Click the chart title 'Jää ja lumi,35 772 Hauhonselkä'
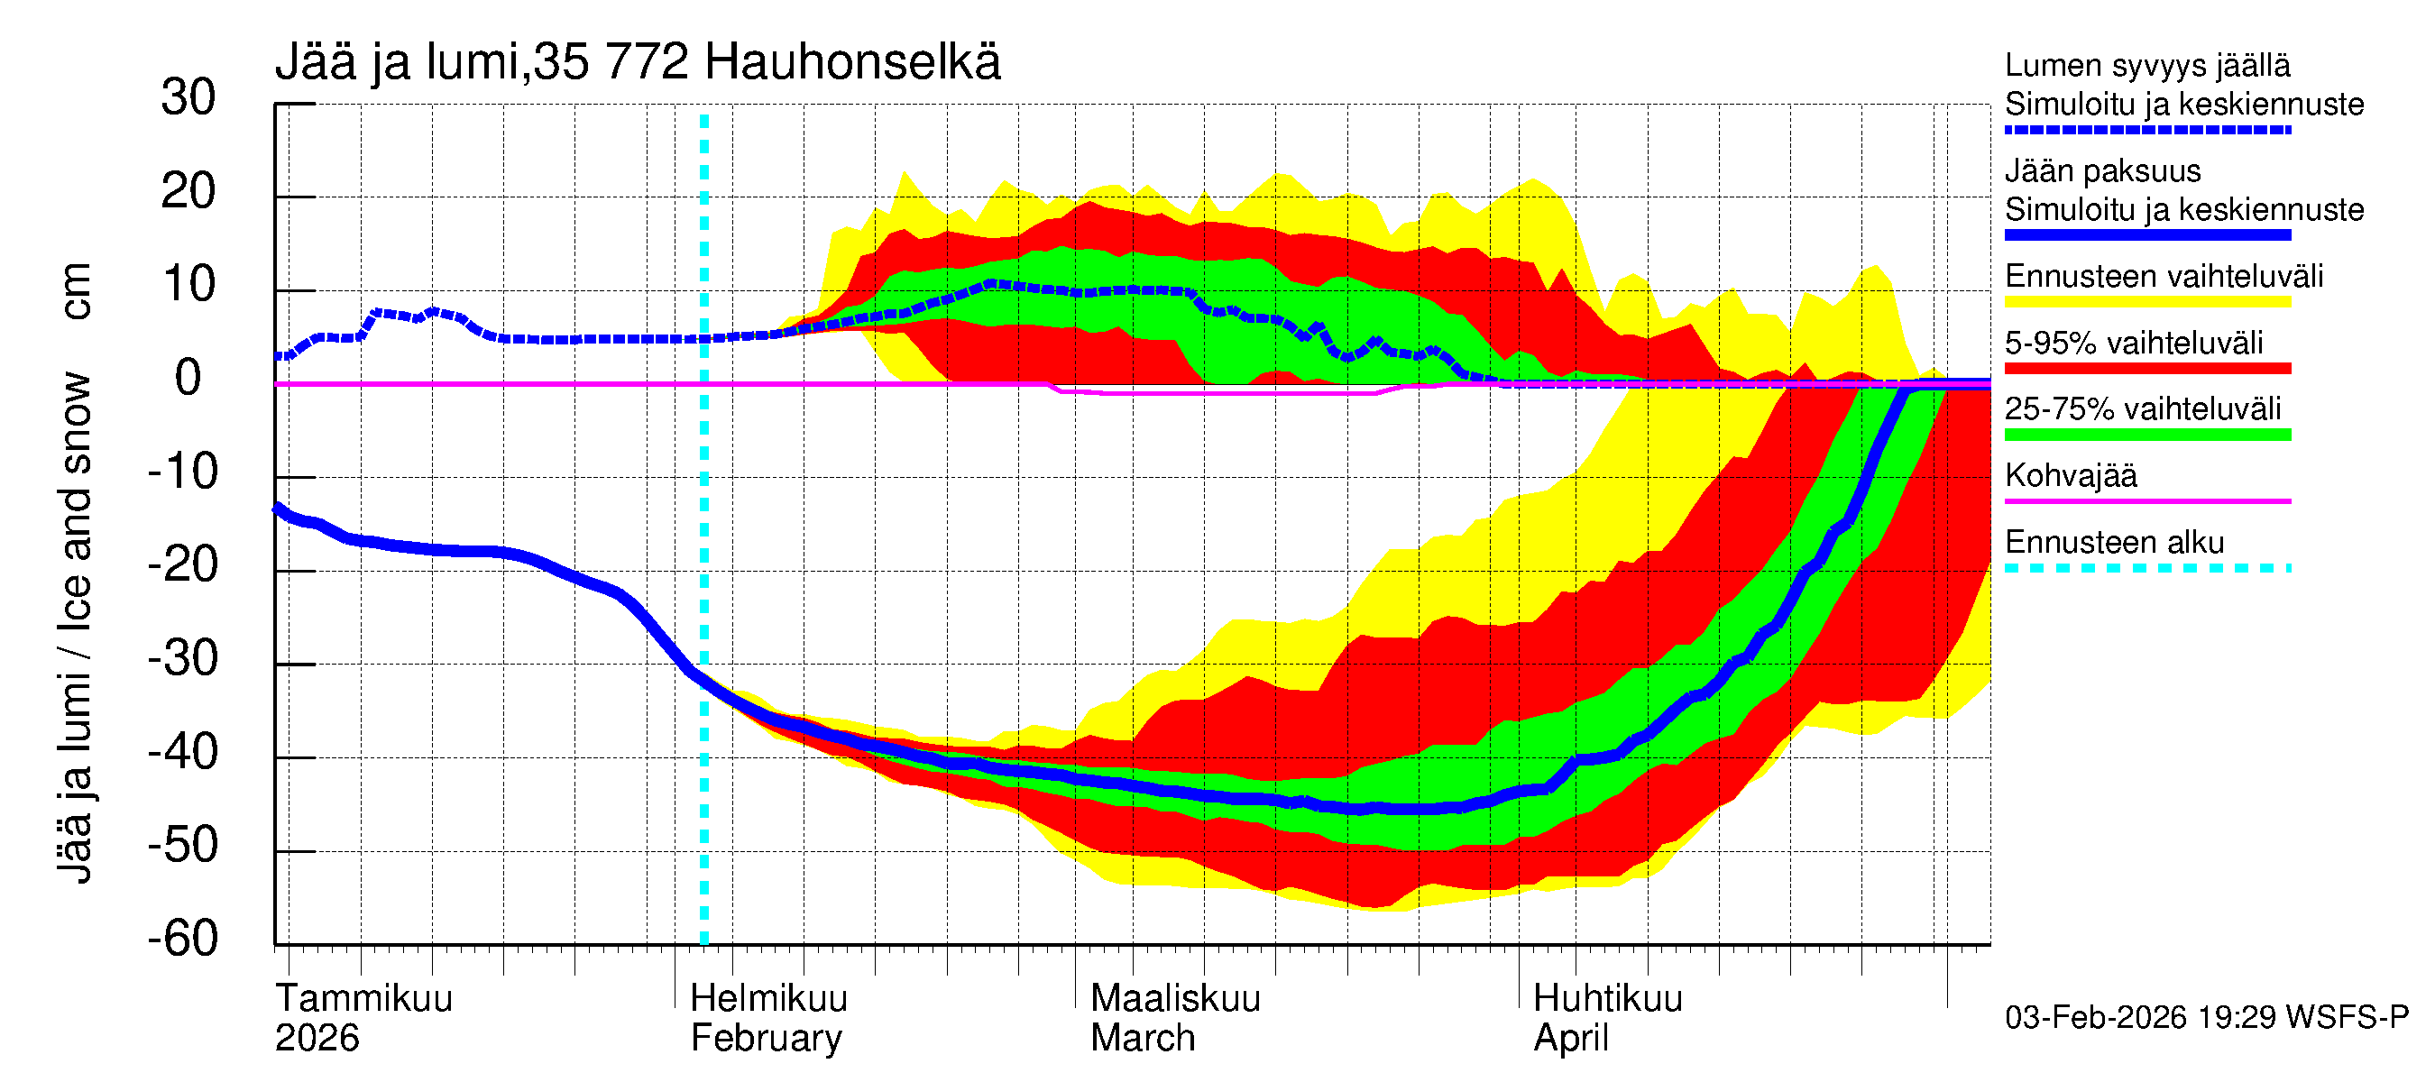(x=637, y=62)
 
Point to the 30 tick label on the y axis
(x=188, y=97)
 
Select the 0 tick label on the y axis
(x=188, y=378)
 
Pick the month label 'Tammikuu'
(x=364, y=999)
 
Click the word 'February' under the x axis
(x=766, y=1039)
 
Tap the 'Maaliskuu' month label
(x=1175, y=999)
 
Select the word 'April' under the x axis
(x=1570, y=1039)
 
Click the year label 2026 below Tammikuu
(x=317, y=1039)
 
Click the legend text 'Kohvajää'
(x=2070, y=475)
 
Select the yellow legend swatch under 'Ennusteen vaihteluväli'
(x=2146, y=302)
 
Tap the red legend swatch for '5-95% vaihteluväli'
(x=2146, y=369)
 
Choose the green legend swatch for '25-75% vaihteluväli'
(x=2146, y=435)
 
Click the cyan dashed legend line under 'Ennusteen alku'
(x=2146, y=568)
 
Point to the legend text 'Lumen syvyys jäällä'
(x=2146, y=66)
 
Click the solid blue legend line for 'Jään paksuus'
(x=2146, y=235)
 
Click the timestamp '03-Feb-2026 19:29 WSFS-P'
(x=2206, y=1018)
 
